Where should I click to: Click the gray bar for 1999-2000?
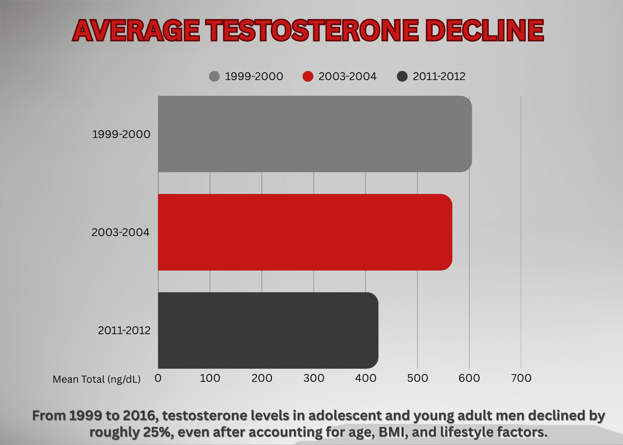coord(315,134)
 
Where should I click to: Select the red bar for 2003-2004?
coord(305,232)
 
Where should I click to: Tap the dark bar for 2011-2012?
coord(268,330)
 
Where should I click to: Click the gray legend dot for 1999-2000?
coord(214,77)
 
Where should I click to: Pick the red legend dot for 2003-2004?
coord(308,77)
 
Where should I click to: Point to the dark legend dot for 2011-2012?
coord(402,77)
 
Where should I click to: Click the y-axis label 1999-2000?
coord(121,134)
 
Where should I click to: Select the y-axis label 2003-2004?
coord(120,233)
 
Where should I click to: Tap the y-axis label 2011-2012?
coord(124,331)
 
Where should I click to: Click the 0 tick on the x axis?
coord(158,378)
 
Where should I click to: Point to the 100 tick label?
coord(210,378)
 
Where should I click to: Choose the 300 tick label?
coord(313,378)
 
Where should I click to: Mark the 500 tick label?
coord(417,378)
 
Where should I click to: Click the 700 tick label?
coord(521,378)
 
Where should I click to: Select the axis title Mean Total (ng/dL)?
coord(96,379)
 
